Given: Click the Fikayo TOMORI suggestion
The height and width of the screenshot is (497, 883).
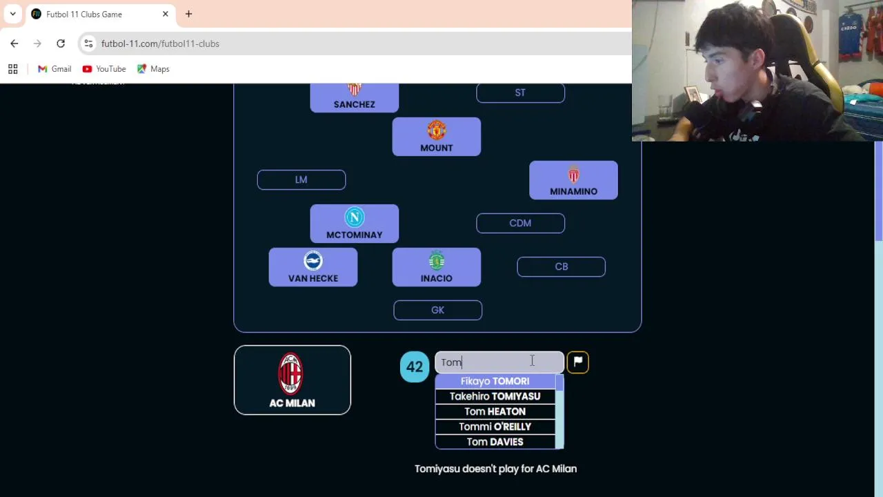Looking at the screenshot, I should click(x=495, y=381).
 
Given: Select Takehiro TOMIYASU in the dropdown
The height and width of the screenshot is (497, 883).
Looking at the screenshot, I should click(x=495, y=396).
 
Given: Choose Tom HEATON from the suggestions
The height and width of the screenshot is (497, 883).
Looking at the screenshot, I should click(x=495, y=411).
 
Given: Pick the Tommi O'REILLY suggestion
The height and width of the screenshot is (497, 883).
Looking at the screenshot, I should click(x=495, y=427).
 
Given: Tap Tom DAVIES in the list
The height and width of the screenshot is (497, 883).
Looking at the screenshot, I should click(x=495, y=442).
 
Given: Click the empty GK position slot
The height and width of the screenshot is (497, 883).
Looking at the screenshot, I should click(x=437, y=311).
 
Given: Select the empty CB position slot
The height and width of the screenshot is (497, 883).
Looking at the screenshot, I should click(x=561, y=266).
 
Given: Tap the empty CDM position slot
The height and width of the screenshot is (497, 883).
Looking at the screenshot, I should click(x=520, y=223).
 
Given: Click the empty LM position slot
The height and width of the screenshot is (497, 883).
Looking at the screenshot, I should click(x=301, y=179).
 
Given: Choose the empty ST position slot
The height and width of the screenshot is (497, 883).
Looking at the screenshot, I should click(x=520, y=92).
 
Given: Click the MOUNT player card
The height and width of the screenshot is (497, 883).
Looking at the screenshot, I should click(x=436, y=137).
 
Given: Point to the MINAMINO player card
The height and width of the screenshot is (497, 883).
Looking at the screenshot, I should click(x=573, y=180).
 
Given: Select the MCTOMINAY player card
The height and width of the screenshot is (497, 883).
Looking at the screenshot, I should click(x=354, y=224).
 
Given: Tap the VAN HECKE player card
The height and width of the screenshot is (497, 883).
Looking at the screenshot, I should click(x=313, y=267).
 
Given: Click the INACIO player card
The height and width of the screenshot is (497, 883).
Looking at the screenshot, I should click(x=436, y=267).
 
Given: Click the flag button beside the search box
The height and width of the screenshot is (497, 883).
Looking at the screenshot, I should click(x=577, y=362).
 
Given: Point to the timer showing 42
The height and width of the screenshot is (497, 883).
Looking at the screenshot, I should click(x=415, y=367).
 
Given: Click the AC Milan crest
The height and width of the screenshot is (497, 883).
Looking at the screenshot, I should click(x=290, y=373).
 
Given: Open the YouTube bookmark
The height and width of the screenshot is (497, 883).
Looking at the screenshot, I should click(x=104, y=69).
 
